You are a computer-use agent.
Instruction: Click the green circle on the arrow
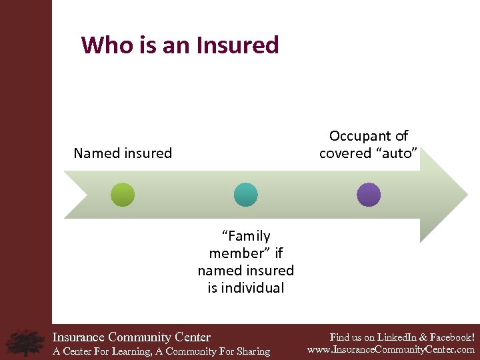tap(123, 195)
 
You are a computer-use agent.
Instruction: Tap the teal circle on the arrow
tap(245, 195)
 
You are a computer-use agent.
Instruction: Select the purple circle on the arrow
tap(369, 195)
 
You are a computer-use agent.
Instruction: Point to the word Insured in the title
tap(237, 45)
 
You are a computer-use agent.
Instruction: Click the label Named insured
tap(123, 153)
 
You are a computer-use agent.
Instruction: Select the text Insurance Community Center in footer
tap(131, 337)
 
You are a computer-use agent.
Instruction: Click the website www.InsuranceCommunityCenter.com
tap(391, 349)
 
